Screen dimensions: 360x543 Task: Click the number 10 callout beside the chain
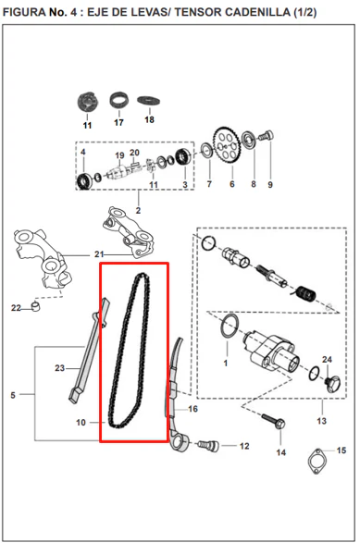[x=81, y=423]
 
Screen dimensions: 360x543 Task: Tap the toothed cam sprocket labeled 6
[x=227, y=146]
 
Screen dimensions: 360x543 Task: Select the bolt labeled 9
[x=267, y=135]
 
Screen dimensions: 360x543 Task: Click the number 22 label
[x=16, y=308]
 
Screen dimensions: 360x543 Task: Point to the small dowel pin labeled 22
[x=36, y=306]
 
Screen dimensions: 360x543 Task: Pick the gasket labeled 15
[x=317, y=462]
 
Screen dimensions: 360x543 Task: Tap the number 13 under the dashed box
[x=321, y=421]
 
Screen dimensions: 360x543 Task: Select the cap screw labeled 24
[x=332, y=384]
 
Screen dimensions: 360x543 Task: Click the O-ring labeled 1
[x=229, y=326]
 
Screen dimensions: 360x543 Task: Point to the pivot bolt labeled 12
[x=208, y=445]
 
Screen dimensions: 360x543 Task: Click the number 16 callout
[x=192, y=409]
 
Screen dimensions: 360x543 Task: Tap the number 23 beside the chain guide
[x=59, y=368]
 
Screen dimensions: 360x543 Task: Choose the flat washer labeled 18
[x=148, y=101]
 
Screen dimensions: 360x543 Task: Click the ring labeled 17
[x=119, y=100]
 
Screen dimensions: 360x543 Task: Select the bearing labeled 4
[x=84, y=181]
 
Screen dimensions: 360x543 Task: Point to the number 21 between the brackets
[x=99, y=254]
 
